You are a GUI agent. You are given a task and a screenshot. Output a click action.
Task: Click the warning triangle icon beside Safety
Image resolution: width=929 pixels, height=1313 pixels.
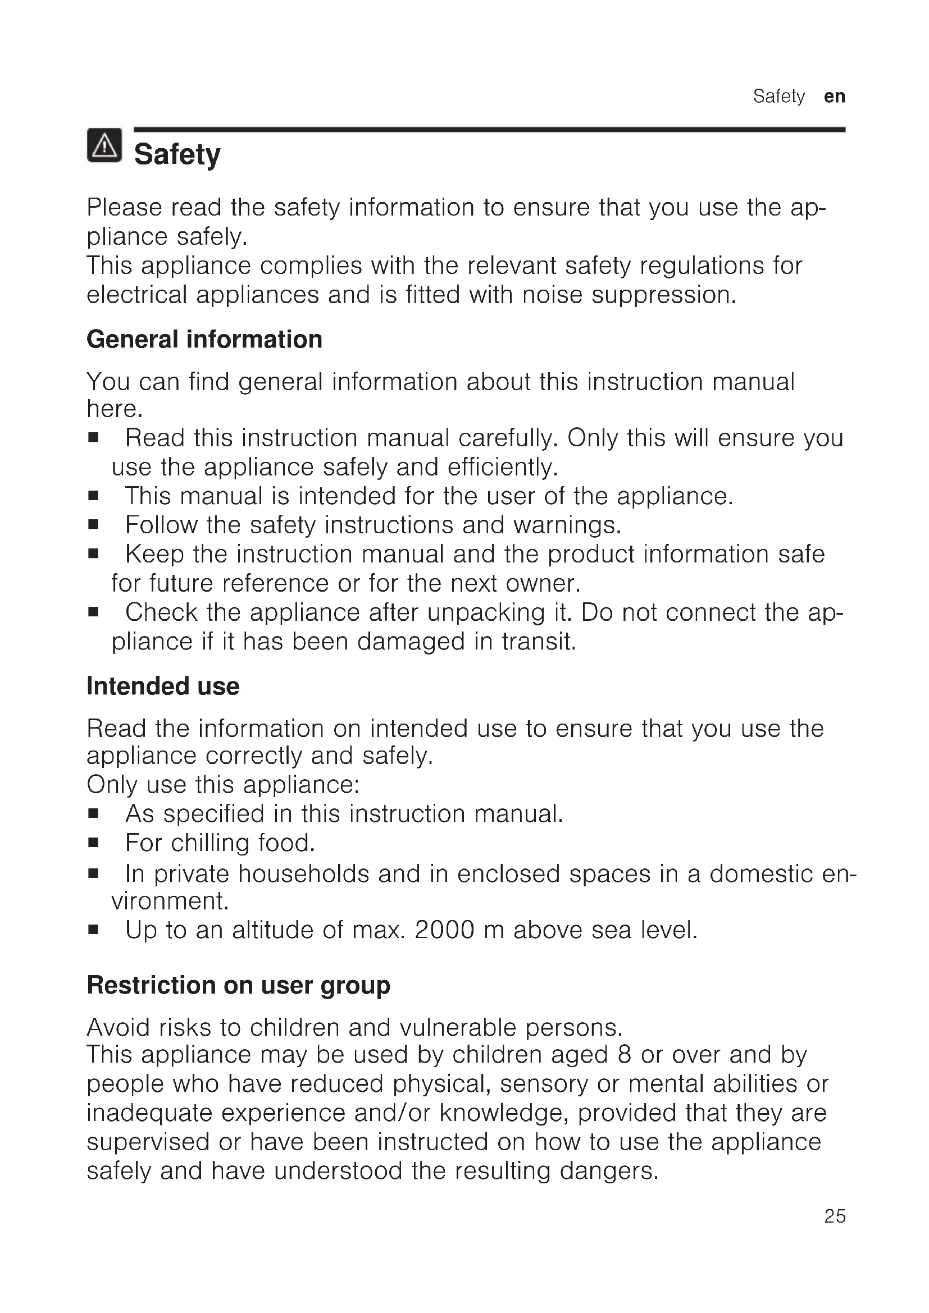tap(104, 145)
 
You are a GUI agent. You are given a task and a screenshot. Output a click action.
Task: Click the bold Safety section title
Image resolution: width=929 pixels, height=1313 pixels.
tap(177, 154)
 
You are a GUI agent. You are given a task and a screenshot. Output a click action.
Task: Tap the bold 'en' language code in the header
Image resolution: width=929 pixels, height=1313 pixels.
tap(834, 96)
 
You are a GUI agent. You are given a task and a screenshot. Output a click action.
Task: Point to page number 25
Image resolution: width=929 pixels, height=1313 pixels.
tap(835, 1231)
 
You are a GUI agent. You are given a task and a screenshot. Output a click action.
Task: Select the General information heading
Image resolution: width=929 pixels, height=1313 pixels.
tap(204, 339)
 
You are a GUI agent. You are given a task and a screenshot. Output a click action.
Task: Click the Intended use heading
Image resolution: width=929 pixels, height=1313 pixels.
tap(163, 685)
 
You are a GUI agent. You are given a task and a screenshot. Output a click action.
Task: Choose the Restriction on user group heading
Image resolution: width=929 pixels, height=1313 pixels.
tap(239, 985)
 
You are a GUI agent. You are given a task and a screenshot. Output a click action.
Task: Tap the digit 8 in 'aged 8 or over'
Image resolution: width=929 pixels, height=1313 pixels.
tap(624, 1055)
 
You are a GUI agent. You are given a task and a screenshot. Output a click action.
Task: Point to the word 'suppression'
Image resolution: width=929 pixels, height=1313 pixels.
tap(663, 295)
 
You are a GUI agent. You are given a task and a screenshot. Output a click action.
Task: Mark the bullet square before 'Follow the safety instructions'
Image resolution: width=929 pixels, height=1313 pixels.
tap(93, 524)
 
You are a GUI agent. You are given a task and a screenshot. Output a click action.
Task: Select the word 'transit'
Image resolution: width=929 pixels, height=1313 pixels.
tap(538, 641)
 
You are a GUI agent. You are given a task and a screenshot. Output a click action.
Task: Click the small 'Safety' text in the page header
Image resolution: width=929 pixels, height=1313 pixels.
tap(778, 96)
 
